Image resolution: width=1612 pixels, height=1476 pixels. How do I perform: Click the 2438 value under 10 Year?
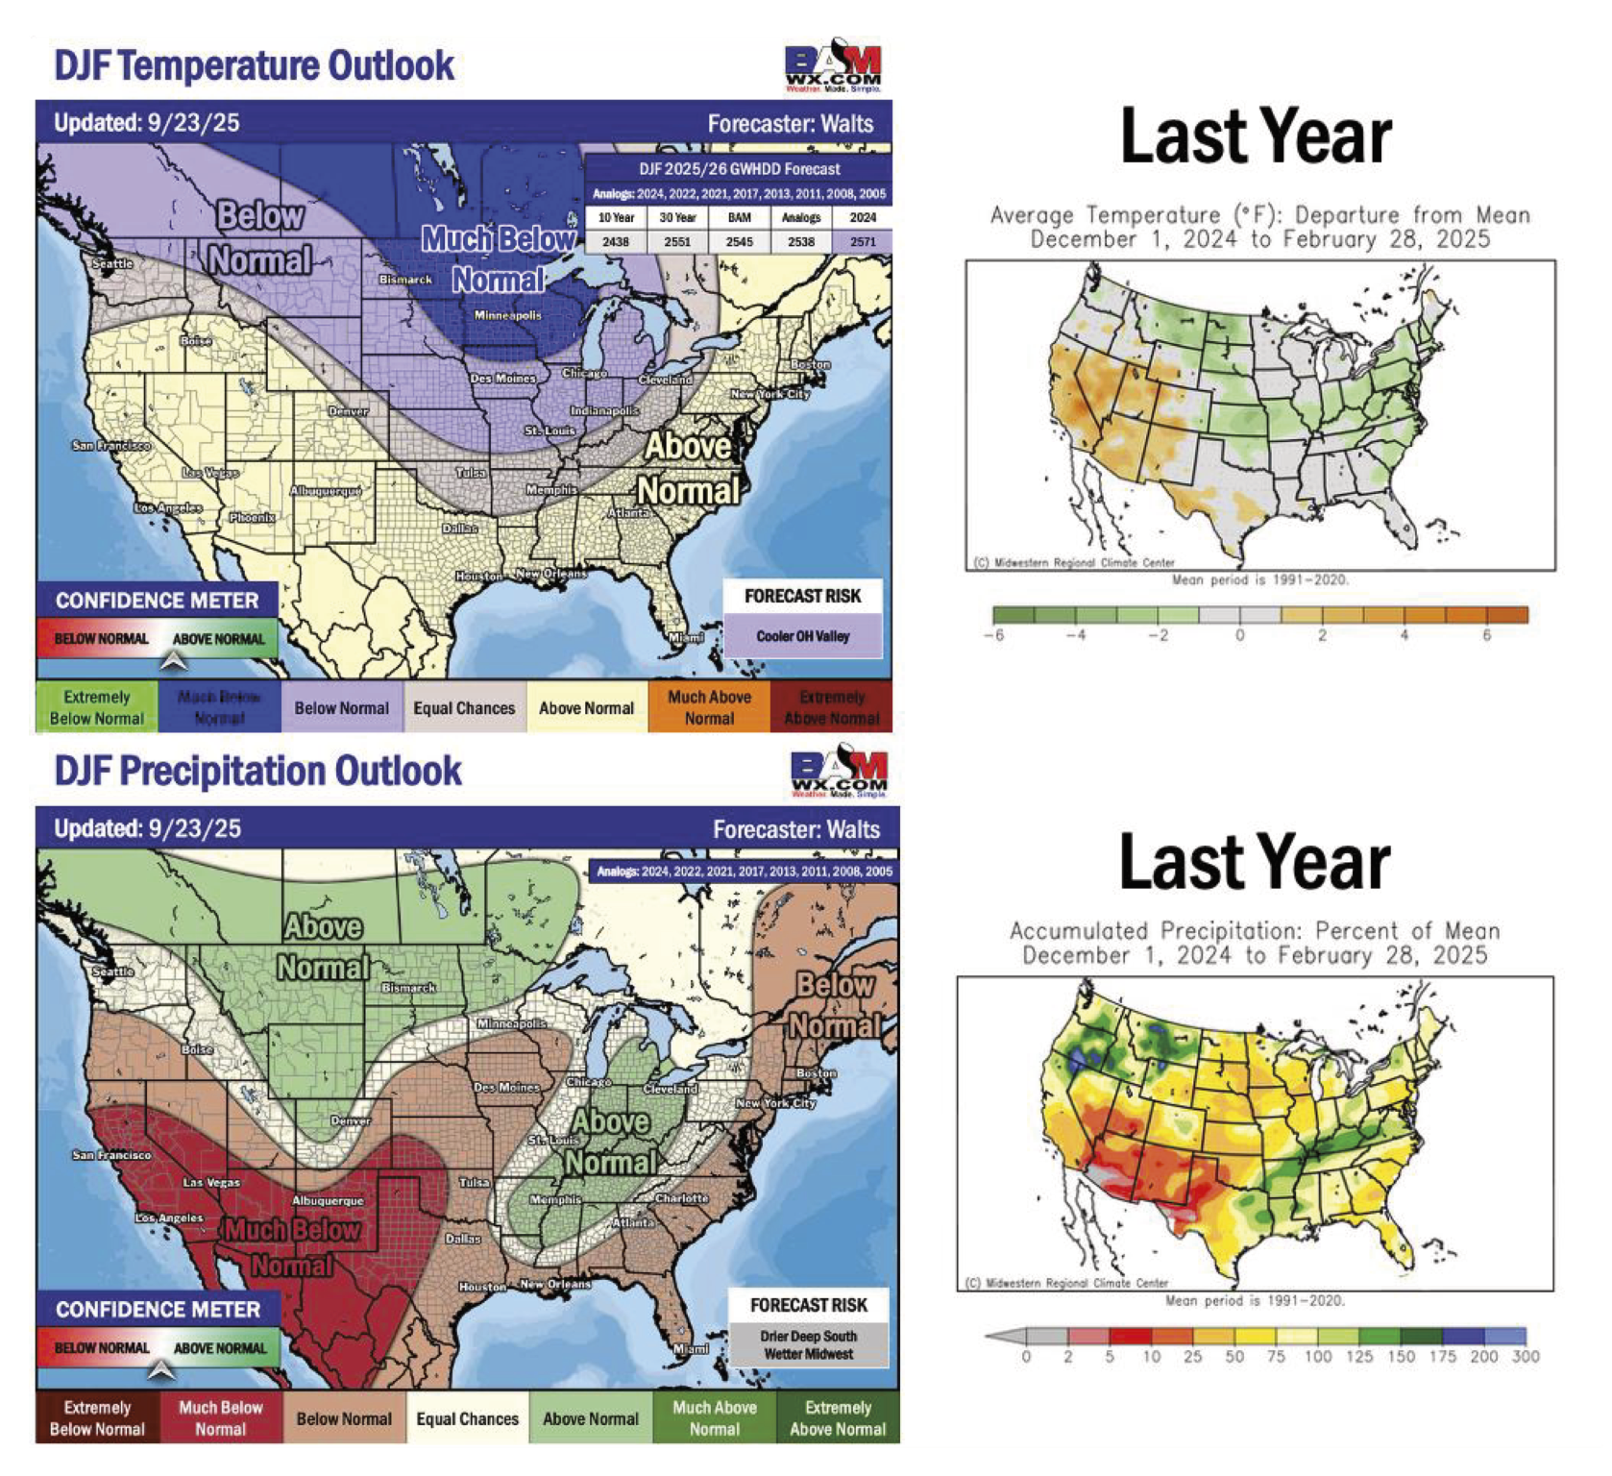click(616, 241)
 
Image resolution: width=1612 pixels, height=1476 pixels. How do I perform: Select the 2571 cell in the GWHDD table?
click(863, 241)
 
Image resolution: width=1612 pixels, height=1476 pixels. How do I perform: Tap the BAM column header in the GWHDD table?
click(739, 218)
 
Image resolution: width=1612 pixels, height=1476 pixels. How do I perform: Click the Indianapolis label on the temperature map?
click(604, 410)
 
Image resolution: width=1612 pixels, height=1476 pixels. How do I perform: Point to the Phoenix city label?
click(252, 517)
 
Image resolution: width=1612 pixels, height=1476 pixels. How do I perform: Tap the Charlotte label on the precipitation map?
click(682, 1198)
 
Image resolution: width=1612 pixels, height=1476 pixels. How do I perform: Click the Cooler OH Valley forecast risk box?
click(803, 636)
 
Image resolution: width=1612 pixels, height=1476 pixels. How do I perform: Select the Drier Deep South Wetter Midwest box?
click(808, 1344)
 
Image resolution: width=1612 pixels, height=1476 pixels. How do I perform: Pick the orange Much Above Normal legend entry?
click(709, 707)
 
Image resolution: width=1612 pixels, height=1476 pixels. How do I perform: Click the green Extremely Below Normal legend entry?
click(96, 707)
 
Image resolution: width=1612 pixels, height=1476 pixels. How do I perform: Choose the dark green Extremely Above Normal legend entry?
click(838, 1417)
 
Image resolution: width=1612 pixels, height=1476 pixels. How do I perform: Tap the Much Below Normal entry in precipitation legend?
click(221, 1417)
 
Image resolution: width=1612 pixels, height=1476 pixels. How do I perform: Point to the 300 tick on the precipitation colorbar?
click(1525, 1356)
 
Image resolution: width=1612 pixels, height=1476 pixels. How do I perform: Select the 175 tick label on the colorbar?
click(1442, 1356)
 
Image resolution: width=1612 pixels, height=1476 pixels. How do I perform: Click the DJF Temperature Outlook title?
click(255, 65)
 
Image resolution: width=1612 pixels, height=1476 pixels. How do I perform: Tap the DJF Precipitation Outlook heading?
click(258, 771)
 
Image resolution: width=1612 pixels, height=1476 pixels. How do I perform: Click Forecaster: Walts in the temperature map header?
click(790, 123)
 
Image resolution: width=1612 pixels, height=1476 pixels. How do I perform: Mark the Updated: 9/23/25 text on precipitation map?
click(147, 828)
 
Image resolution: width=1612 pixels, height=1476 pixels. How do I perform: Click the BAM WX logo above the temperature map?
click(833, 66)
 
